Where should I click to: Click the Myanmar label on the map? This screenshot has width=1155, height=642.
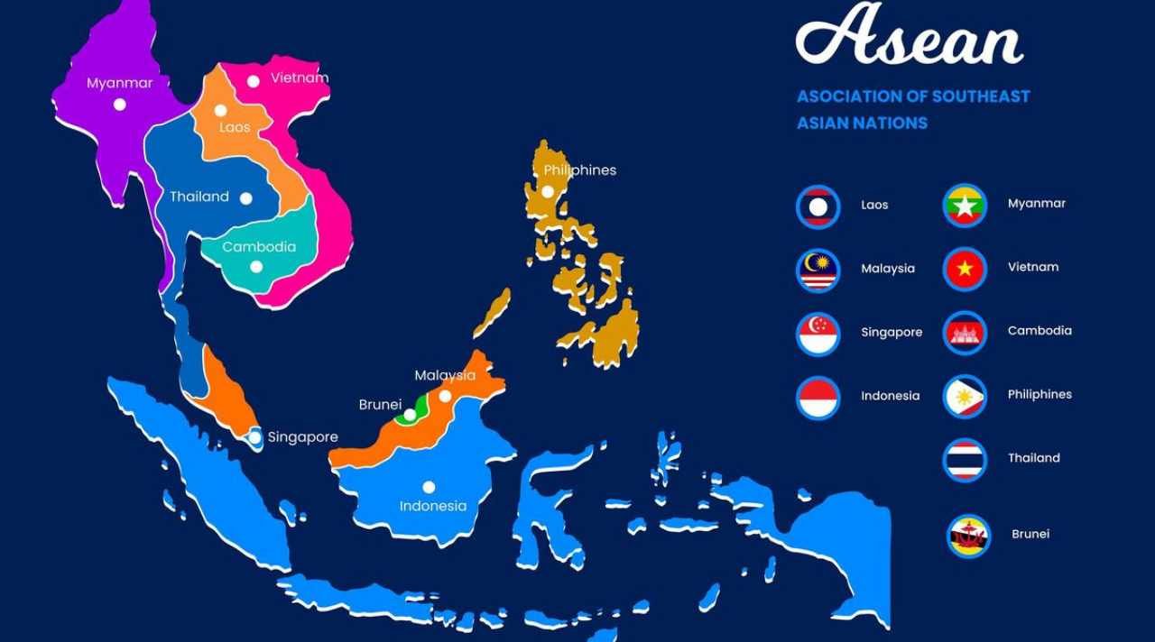(x=119, y=83)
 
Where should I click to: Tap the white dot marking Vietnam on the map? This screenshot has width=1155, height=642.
(x=254, y=81)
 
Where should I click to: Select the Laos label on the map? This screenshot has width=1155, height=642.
(x=235, y=127)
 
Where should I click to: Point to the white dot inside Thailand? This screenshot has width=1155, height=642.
(x=245, y=198)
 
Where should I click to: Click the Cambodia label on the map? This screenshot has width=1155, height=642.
(x=259, y=247)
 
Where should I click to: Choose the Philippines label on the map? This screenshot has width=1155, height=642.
(x=579, y=170)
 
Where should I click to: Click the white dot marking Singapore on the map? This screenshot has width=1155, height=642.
(x=254, y=438)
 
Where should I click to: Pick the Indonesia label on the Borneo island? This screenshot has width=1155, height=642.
(x=433, y=506)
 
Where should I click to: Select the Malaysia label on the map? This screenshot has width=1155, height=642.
(x=445, y=375)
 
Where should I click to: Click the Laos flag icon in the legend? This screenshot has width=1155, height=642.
(x=818, y=206)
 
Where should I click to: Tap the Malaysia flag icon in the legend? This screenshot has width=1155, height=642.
(x=818, y=270)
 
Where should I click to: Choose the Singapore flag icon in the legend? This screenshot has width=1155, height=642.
(x=818, y=334)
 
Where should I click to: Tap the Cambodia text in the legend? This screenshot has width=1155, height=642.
(x=1039, y=331)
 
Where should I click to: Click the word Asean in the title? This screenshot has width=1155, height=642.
(x=909, y=36)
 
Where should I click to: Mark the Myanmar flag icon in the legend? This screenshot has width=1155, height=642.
(x=965, y=205)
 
